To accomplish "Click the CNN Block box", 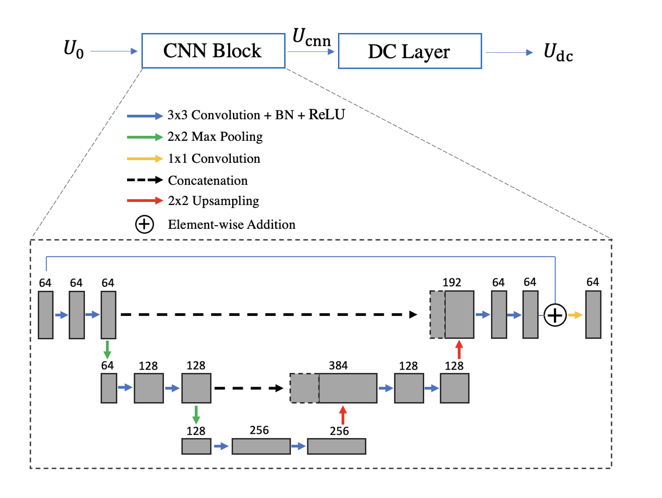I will tap(213, 51).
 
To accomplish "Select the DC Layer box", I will tap(410, 51).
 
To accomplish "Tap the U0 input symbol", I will tap(73, 49).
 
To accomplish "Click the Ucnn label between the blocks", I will tap(311, 38).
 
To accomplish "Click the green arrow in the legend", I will tap(145, 137).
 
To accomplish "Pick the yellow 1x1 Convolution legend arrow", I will tap(145, 159).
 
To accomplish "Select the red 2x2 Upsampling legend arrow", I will tap(145, 201).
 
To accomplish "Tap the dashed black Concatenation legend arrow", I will tap(145, 180).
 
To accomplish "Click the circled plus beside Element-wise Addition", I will tap(144, 224).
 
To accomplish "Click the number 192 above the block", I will tap(452, 282).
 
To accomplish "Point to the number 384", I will tap(338, 366).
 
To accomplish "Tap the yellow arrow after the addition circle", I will tap(575, 315).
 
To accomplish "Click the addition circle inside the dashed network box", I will tap(555, 315).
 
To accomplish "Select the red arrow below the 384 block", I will tap(343, 415).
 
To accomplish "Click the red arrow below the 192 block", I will tap(459, 350).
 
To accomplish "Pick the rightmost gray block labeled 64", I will tap(593, 315).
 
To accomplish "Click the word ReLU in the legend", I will tap(327, 114).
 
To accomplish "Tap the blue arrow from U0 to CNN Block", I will tap(114, 51).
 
